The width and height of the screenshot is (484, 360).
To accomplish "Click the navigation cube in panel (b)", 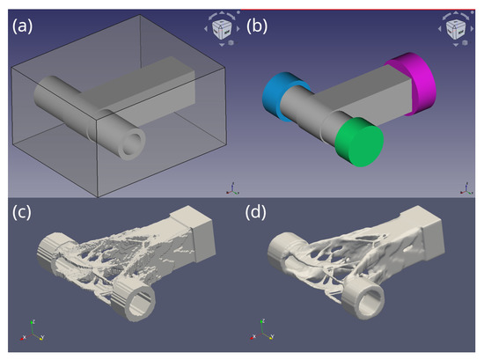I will pos(455,26).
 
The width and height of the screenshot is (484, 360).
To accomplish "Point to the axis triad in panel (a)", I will pos(231,187).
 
